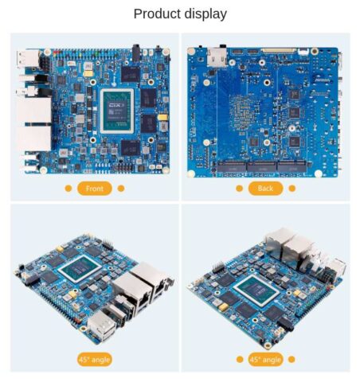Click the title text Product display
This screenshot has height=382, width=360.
coord(180,14)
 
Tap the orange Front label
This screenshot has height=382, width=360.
coord(94,189)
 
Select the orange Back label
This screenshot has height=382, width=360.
coord(265,189)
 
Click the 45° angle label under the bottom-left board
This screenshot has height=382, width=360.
coord(94,359)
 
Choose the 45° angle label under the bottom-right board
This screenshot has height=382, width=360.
coord(265,359)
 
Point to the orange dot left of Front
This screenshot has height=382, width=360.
coord(68,189)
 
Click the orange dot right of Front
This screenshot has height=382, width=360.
coord(121,189)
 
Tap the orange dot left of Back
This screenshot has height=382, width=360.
coord(239,189)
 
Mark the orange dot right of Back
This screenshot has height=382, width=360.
coord(292,189)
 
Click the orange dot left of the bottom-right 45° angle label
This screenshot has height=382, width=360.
coord(239,359)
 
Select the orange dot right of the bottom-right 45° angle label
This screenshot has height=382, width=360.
coord(292,359)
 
